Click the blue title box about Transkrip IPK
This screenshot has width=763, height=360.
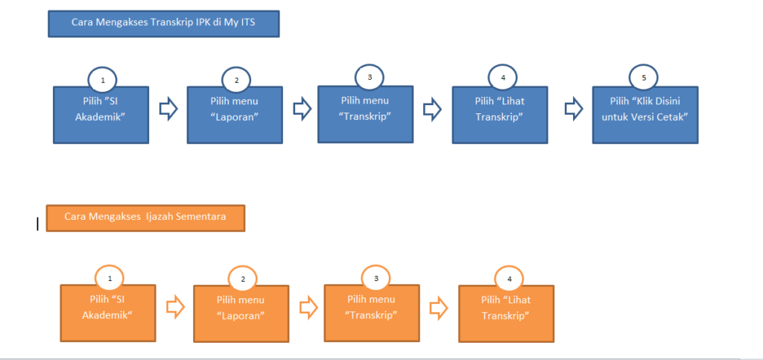coord(162,23)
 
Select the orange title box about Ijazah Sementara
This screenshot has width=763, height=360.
coord(145,218)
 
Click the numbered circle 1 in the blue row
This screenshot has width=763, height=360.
coord(102,79)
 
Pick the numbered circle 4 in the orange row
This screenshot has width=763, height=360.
coord(509,280)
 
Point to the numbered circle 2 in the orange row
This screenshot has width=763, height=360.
coord(242,280)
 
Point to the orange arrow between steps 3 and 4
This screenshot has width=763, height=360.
coord(439,307)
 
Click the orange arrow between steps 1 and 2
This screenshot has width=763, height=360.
coord(175,306)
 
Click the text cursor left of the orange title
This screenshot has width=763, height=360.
coord(37,224)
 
